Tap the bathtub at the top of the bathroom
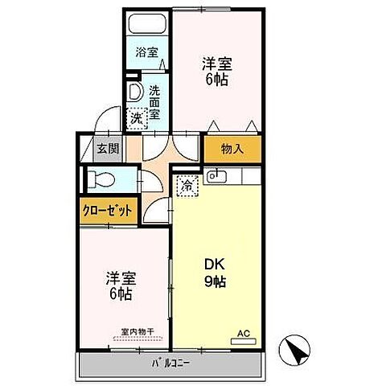[146, 23]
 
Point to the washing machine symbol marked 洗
[137, 119]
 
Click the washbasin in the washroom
[134, 90]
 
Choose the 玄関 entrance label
[108, 149]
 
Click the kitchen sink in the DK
[215, 175]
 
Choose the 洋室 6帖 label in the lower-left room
[120, 285]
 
